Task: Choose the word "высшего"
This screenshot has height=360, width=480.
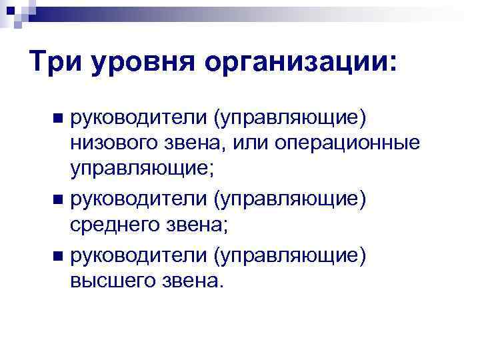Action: pos(111,282)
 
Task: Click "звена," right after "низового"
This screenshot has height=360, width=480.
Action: pos(187,145)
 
